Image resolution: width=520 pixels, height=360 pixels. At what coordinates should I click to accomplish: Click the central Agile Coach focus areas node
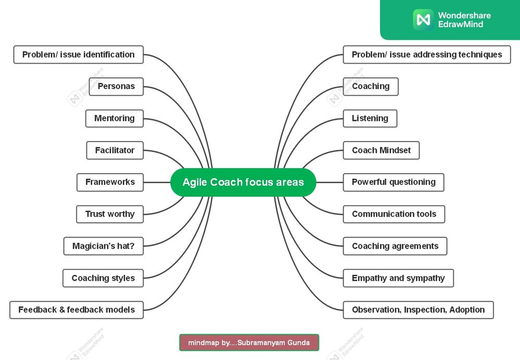[x=243, y=182]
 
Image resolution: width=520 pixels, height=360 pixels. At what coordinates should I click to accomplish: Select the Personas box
[x=116, y=86]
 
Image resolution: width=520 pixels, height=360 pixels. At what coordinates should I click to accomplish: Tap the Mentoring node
[x=115, y=118]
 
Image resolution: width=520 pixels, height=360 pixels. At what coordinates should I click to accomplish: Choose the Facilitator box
[x=115, y=150]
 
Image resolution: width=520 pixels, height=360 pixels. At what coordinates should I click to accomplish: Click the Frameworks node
[x=110, y=182]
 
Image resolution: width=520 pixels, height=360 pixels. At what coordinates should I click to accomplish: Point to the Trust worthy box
[x=110, y=214]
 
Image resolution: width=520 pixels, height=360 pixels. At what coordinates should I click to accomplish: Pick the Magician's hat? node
[x=103, y=246]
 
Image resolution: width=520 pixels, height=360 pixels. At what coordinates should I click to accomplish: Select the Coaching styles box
[x=103, y=278]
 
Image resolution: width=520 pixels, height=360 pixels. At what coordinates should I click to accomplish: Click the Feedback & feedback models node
[x=77, y=309]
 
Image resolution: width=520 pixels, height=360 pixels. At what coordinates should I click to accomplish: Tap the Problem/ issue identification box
[x=78, y=54]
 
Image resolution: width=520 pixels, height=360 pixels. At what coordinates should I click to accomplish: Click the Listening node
[x=370, y=118]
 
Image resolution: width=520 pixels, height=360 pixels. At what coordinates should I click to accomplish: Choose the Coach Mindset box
[x=381, y=150]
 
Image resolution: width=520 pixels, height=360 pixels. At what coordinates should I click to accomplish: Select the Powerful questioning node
[x=394, y=182]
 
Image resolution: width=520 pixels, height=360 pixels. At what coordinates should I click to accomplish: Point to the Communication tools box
[x=394, y=214]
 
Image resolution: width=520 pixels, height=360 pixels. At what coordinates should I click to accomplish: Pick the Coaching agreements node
[x=395, y=246]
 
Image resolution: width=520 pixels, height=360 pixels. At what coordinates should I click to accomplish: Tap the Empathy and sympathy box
[x=398, y=278]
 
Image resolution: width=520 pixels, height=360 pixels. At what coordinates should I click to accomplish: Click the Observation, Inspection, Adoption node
[x=418, y=309]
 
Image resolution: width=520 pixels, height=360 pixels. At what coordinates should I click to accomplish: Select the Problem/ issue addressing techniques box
[x=427, y=54]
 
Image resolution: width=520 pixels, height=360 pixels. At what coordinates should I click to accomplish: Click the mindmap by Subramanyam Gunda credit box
[x=249, y=342]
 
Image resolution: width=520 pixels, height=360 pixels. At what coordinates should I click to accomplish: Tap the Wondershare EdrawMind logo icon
[x=423, y=20]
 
